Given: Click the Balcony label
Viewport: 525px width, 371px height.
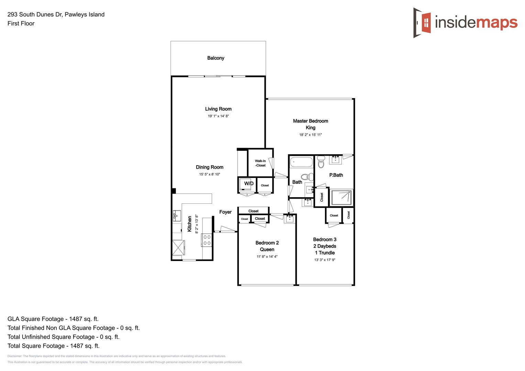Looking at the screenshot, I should [216, 58].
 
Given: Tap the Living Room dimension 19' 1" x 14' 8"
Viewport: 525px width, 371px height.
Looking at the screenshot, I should [218, 116].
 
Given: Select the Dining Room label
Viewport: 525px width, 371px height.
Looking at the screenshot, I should [209, 167].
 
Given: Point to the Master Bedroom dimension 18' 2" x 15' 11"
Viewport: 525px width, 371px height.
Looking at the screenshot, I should [310, 135].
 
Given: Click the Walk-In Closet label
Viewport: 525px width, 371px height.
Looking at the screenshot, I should [260, 163].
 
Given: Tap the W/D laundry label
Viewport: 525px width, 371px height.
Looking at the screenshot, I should [249, 183].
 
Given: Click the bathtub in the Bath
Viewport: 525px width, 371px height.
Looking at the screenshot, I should [301, 162].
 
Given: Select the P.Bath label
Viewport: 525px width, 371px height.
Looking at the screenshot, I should [336, 175].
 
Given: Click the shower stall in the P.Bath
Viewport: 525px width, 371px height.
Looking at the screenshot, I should [341, 198].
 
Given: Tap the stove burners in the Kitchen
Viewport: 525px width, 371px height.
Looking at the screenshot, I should [207, 240].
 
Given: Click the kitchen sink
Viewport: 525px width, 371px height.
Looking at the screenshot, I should [176, 216].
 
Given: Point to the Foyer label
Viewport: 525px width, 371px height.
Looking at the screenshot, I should [225, 212].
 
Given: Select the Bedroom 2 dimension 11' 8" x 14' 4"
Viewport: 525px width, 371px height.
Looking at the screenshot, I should [267, 257].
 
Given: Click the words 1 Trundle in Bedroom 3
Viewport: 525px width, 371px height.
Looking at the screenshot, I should [325, 253].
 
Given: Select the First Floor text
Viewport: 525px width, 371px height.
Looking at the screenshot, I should [21, 23].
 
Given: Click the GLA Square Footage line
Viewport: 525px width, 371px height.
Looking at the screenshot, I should [53, 319].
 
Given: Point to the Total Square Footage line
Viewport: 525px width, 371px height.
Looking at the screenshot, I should [53, 346].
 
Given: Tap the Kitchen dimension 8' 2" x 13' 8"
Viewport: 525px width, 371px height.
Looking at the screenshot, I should [197, 224].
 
